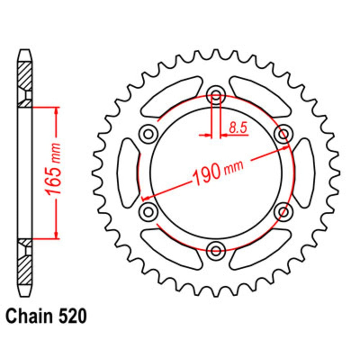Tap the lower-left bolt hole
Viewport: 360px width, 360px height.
148,210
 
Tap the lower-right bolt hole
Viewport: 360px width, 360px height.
283,210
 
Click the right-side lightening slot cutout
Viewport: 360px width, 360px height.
303,173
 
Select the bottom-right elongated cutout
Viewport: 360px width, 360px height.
260,248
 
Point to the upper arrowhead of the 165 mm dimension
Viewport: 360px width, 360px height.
56,110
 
